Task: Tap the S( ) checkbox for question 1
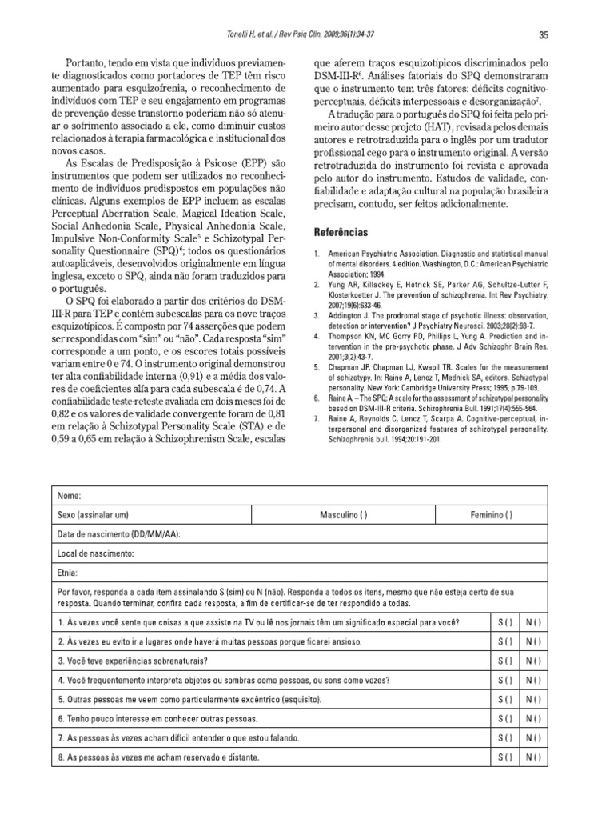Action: (505, 622)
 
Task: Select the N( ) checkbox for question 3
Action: (533, 661)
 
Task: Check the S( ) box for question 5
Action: (505, 699)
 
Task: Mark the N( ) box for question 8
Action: (533, 756)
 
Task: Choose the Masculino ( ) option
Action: (344, 514)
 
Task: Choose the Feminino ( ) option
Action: (492, 514)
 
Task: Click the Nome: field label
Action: (70, 496)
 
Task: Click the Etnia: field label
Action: (69, 573)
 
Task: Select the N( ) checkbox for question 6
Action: (533, 718)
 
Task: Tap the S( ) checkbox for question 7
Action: (505, 737)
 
